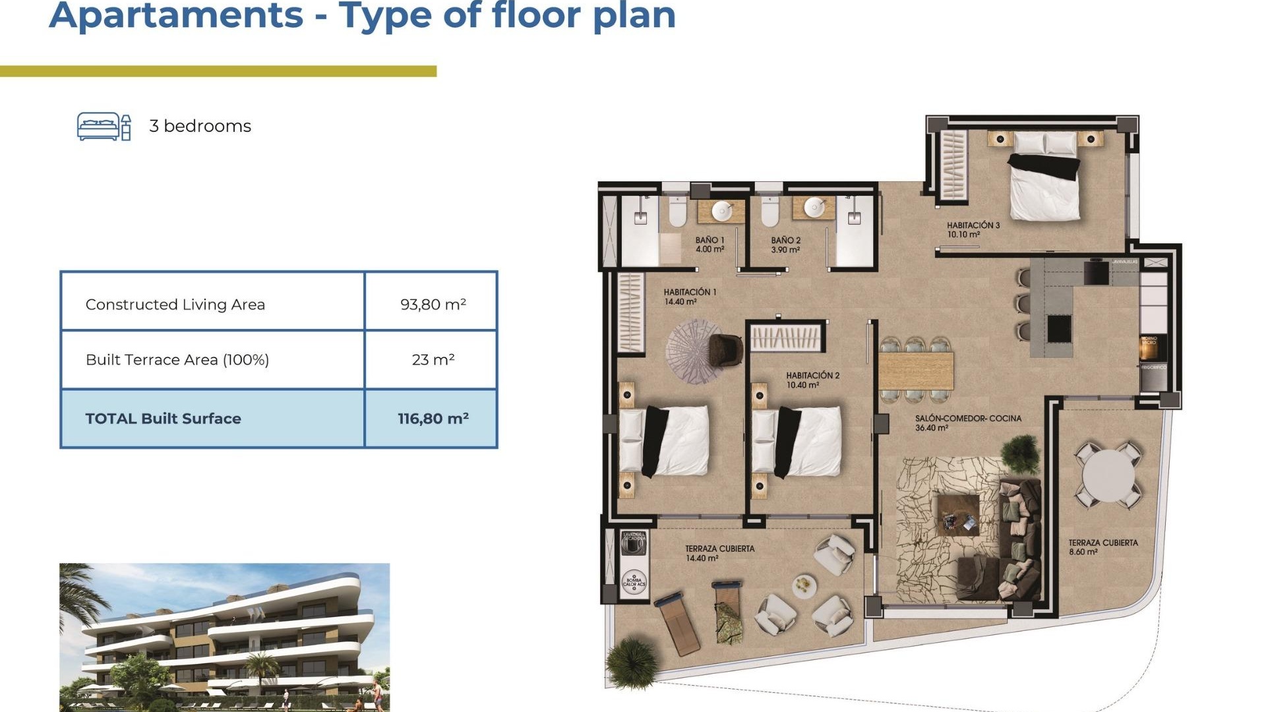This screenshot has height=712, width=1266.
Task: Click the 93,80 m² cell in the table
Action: pos(433,304)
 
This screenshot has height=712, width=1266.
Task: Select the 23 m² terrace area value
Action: pos(433,359)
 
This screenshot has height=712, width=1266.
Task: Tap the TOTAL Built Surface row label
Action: pos(163,418)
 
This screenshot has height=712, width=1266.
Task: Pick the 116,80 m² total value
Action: pos(433,418)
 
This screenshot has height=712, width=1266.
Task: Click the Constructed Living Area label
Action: pos(175,304)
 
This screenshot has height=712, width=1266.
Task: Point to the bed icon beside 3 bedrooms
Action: pos(104,126)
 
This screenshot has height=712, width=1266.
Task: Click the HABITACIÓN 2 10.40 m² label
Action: pos(812,380)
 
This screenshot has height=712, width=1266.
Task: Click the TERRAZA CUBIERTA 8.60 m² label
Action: pos(1102,547)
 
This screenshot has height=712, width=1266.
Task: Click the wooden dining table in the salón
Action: pos(916,371)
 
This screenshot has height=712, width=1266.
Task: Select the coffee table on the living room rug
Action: pos(958,515)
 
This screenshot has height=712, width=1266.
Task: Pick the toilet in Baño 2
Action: pos(769,211)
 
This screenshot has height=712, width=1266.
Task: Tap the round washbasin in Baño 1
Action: pos(722,210)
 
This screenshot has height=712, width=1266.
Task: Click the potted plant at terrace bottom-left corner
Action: pos(632,663)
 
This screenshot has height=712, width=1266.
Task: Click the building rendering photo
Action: pos(224,636)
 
